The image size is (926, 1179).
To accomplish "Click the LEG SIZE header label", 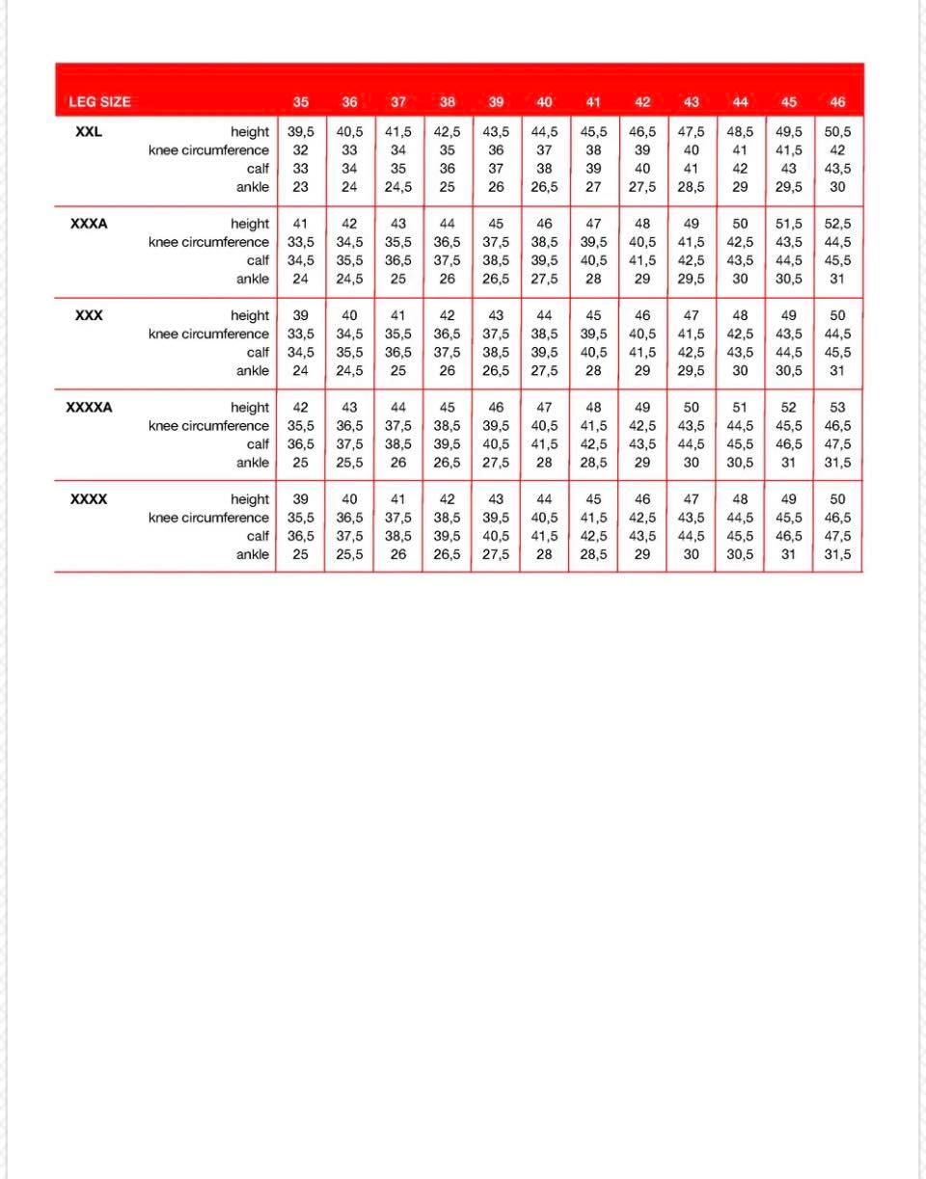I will (99, 102).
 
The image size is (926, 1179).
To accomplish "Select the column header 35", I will (301, 102).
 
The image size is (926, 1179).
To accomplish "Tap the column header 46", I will (837, 102).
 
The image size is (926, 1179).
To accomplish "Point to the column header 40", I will (544, 102).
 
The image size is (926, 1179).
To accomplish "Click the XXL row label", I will (88, 132).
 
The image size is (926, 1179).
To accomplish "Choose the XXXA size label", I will (89, 224).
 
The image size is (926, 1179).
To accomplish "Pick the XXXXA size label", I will (89, 407).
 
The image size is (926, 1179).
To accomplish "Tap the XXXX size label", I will (89, 499).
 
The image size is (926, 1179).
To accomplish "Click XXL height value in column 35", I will (301, 132).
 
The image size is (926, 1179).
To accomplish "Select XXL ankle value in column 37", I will (398, 187).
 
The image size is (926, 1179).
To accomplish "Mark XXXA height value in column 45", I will (789, 224).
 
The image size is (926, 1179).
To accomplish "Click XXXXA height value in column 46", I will (837, 407).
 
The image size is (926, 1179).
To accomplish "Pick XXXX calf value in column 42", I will (642, 536).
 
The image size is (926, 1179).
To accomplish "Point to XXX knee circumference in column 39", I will (496, 334).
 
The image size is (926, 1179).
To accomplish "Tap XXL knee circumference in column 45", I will (789, 150).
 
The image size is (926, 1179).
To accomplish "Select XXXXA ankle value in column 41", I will (593, 463).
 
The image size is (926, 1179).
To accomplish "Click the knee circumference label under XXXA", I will (208, 242).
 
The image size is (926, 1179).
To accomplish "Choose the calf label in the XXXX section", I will (258, 536).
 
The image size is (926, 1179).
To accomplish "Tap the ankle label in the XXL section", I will (253, 187).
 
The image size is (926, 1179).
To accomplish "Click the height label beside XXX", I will (250, 315).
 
